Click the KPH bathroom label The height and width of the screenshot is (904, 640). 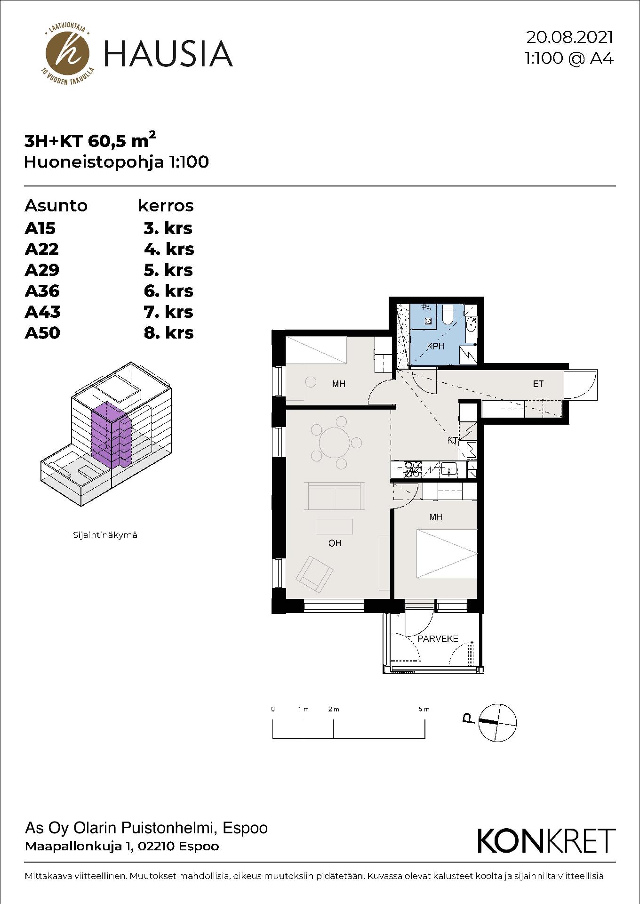[436, 347]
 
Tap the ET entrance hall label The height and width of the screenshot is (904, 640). [538, 384]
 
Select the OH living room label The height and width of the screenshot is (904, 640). [335, 543]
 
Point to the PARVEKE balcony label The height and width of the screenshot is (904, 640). [438, 639]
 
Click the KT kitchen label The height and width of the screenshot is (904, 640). [453, 441]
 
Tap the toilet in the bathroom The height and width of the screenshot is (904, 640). [448, 315]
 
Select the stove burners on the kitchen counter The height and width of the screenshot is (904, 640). [412, 470]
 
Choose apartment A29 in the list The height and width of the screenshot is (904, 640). [42, 270]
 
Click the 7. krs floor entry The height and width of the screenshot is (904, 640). [168, 312]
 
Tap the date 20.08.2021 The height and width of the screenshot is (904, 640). [570, 37]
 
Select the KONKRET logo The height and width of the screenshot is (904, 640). [546, 840]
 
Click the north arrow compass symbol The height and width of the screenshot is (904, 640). [497, 723]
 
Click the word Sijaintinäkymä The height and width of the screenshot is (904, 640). [105, 535]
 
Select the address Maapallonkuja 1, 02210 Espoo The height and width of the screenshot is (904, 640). [122, 846]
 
